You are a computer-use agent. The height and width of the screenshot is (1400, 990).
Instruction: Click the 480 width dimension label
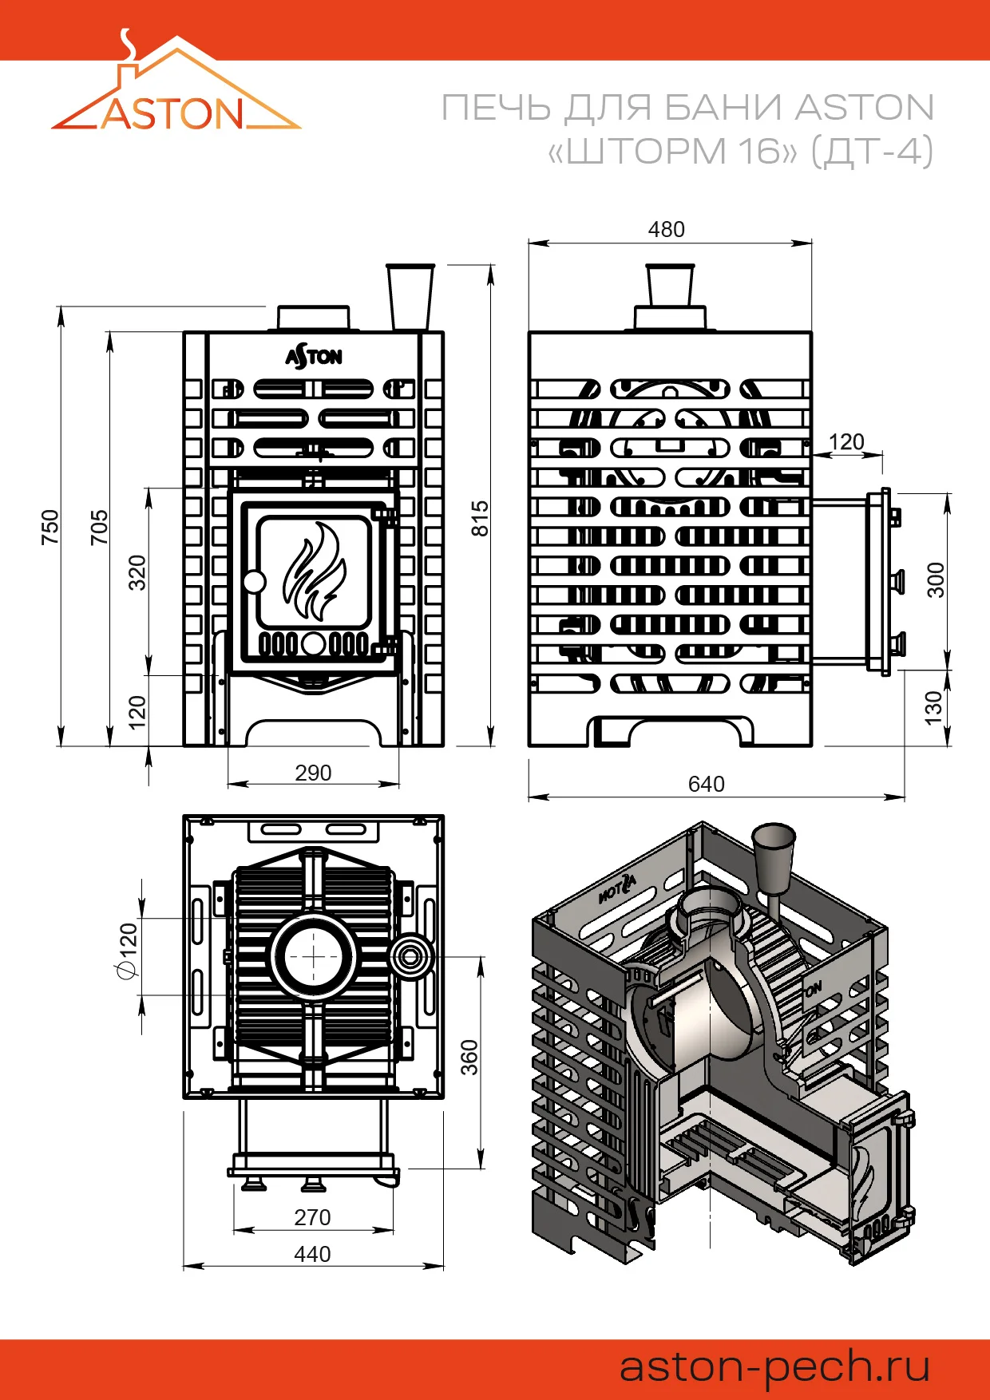click(x=666, y=230)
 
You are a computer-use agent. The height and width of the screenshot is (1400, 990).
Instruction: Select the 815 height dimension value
click(x=480, y=518)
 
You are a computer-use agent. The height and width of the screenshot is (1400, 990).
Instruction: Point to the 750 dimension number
click(x=50, y=528)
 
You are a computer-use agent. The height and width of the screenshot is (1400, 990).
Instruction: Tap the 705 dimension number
click(x=99, y=528)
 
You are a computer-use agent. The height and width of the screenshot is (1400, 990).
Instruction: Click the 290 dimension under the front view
click(x=313, y=773)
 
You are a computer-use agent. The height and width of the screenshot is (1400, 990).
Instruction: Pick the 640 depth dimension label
click(x=706, y=784)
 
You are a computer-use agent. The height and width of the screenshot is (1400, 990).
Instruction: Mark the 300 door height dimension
click(x=936, y=580)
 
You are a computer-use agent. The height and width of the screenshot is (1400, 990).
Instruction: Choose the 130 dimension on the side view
click(x=933, y=709)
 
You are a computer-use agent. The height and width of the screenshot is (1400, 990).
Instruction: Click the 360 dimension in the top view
click(x=469, y=1058)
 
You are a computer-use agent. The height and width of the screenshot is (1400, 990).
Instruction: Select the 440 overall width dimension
click(x=312, y=1255)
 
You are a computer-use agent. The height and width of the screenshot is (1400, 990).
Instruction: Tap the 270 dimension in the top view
click(x=312, y=1217)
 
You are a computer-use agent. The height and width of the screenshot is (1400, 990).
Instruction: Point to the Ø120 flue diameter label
click(x=127, y=950)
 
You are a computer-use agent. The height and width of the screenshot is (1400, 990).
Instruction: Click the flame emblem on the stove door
click(x=315, y=570)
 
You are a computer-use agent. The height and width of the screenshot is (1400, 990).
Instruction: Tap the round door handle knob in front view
click(x=254, y=581)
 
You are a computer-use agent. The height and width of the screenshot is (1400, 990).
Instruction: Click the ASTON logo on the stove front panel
click(x=314, y=356)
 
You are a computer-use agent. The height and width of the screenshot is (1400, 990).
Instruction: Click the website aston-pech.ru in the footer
click(x=775, y=1367)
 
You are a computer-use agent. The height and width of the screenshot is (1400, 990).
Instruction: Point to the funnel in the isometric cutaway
click(x=774, y=859)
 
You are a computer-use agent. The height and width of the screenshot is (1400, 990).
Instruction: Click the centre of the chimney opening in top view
click(x=313, y=956)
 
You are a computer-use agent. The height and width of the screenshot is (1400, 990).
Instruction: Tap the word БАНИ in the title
click(x=722, y=108)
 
